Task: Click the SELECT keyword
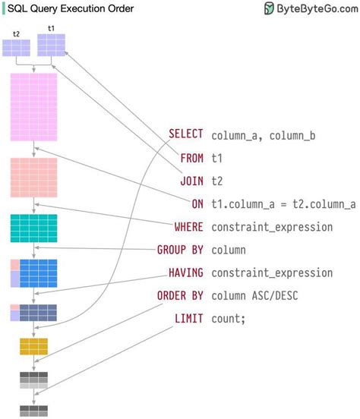coord(185,134)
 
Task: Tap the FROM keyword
coord(191,158)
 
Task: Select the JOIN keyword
coord(191,181)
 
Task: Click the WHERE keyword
coord(188,226)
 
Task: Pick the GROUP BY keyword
coord(180,249)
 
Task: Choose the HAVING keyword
coord(185,273)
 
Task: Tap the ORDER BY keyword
coord(180,295)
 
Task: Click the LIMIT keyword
coord(188,319)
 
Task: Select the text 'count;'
coord(229,319)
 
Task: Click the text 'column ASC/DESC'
coord(254,295)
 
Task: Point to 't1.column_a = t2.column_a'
coord(283,203)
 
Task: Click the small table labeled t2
coord(17,48)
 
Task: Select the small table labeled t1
coord(51,46)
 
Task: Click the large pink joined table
coord(33,107)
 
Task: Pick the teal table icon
coord(33,228)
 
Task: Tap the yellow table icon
coord(34,346)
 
